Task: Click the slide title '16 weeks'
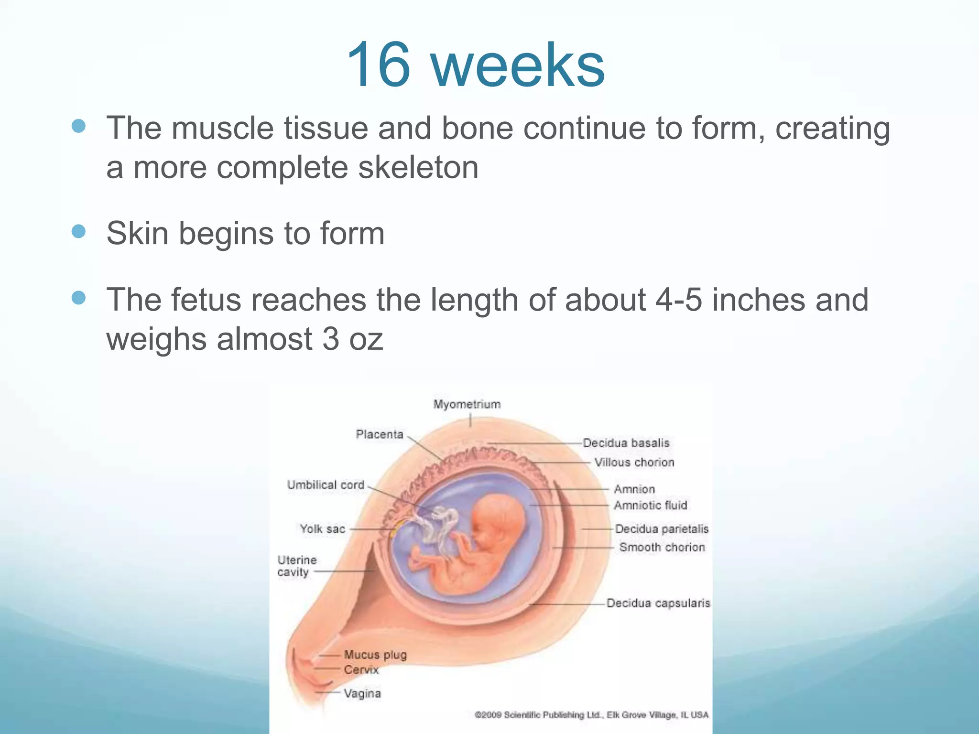pyautogui.click(x=476, y=65)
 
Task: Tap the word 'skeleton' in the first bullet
pyautogui.click(x=418, y=168)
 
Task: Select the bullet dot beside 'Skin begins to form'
pyautogui.click(x=78, y=232)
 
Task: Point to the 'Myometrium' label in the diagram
pyautogui.click(x=467, y=404)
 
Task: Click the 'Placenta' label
pyautogui.click(x=380, y=434)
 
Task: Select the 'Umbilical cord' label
pyautogui.click(x=326, y=485)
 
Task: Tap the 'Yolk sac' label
pyautogui.click(x=322, y=529)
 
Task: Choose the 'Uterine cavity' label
pyautogui.click(x=296, y=566)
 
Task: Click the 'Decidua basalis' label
pyautogui.click(x=626, y=443)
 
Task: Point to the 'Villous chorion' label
pyautogui.click(x=634, y=463)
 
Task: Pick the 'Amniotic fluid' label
pyautogui.click(x=650, y=505)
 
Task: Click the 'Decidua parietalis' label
pyautogui.click(x=662, y=529)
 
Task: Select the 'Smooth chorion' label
pyautogui.click(x=662, y=547)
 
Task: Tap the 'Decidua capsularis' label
pyautogui.click(x=658, y=603)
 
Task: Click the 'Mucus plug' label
pyautogui.click(x=375, y=654)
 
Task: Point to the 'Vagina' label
pyautogui.click(x=362, y=693)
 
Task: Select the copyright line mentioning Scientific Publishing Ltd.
pyautogui.click(x=591, y=715)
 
